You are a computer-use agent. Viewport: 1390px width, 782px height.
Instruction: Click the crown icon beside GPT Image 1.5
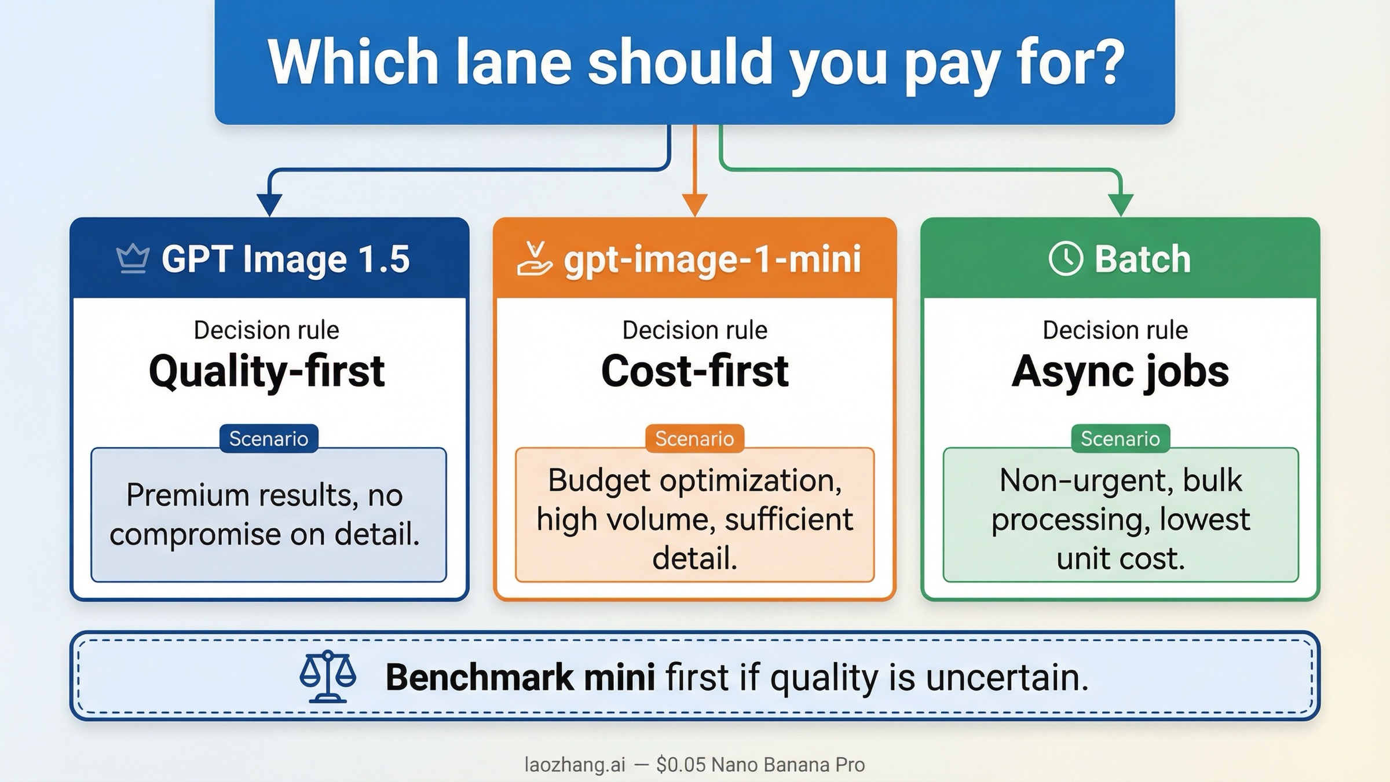[x=133, y=258]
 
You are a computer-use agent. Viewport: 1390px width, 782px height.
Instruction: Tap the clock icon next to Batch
[x=1065, y=258]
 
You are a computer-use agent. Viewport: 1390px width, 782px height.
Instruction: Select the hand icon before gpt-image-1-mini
[x=534, y=260]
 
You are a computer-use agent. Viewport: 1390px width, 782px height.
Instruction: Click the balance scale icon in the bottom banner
[x=328, y=677]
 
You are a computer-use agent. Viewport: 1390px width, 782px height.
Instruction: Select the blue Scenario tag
[x=269, y=438]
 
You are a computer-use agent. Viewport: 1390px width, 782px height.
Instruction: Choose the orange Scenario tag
[x=694, y=438]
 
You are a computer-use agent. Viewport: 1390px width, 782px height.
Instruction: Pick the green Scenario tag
[x=1120, y=438]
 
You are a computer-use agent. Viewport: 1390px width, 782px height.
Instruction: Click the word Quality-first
[x=266, y=371]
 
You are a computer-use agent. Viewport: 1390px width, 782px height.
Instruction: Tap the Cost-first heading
[x=694, y=371]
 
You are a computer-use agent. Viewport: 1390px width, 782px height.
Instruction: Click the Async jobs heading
[x=1120, y=371]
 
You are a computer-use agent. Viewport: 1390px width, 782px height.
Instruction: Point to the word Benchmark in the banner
[x=479, y=677]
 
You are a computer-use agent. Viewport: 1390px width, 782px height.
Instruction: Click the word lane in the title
[x=513, y=63]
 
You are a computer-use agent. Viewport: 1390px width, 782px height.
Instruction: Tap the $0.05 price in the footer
[x=681, y=765]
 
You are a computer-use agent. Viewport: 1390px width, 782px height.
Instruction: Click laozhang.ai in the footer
[x=575, y=765]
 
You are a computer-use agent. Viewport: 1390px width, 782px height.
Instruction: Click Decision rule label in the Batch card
[x=1115, y=330]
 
